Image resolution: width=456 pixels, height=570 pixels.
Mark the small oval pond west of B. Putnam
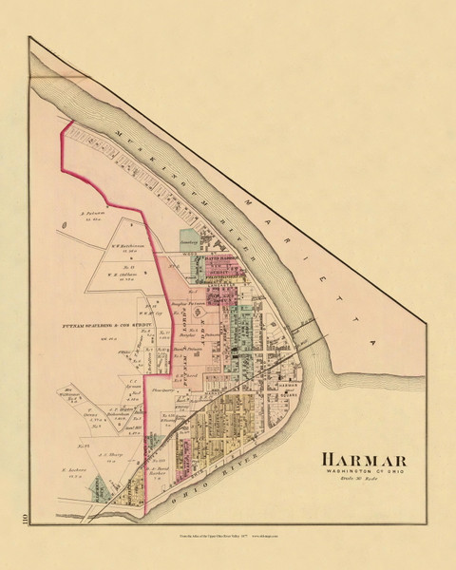click(x=62, y=225)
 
